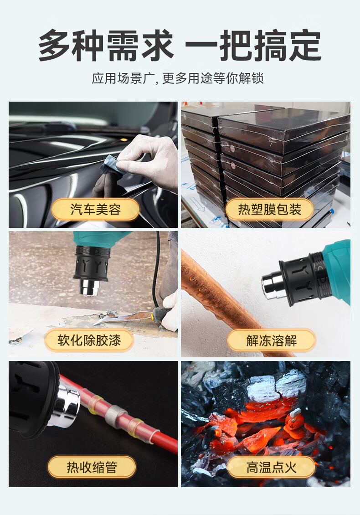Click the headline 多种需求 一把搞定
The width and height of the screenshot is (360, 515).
180,45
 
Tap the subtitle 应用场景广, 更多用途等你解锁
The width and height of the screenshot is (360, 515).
178,78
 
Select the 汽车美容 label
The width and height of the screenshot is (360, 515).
96,210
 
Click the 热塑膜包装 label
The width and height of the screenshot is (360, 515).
269,210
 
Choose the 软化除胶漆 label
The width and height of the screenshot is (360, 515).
89,340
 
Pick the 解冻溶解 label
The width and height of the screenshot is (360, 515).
272,340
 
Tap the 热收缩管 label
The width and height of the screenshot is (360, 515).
92,467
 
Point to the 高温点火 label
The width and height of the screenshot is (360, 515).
272,467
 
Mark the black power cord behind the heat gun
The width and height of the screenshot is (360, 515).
157,269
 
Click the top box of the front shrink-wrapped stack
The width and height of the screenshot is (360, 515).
283,126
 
